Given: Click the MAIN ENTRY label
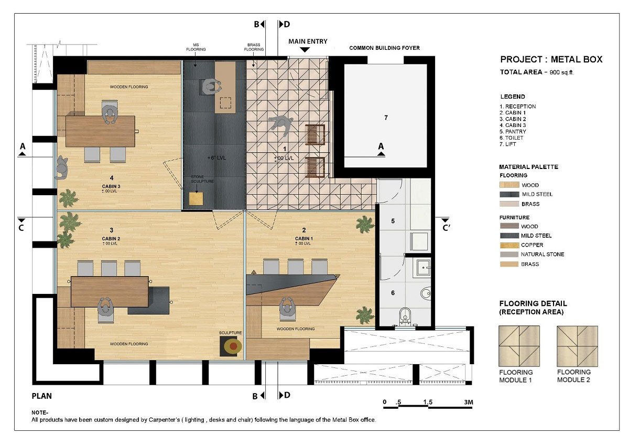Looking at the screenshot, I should coord(308,41).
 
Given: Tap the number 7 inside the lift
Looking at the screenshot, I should coord(386,118).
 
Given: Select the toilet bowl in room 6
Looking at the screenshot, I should coord(405,316).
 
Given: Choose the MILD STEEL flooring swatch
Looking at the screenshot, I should coord(508,194).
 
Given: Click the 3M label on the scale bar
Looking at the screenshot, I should coord(468,402).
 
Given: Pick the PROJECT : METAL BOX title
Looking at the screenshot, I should coord(551,59).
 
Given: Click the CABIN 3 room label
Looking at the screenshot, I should coord(112,186).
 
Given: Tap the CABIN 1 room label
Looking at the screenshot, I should coord(303,238).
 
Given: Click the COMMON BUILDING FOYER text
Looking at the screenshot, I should coord(384,48).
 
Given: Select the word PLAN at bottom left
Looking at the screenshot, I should coord(41,396).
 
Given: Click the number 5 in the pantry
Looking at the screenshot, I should coord(393,221).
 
